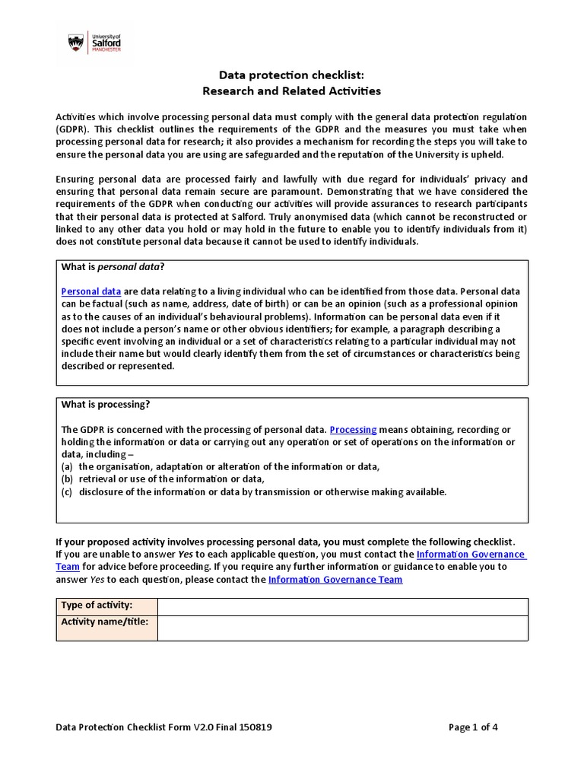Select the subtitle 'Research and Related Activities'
coord(290,91)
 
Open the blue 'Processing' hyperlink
coord(353,430)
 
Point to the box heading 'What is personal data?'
coord(113,266)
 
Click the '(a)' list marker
coord(67,466)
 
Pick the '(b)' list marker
coord(67,479)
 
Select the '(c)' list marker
coord(67,491)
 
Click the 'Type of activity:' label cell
coord(107,606)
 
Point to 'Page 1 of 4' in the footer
coord(473,727)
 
